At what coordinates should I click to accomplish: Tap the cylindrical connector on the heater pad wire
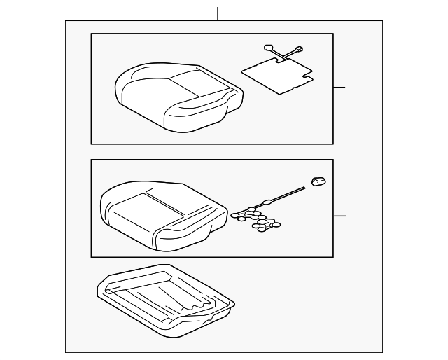[267, 48]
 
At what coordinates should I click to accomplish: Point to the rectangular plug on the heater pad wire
[300, 50]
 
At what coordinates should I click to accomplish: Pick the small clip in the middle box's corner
[319, 182]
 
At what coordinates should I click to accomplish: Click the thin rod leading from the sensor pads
[287, 194]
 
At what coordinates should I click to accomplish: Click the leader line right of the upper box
[339, 88]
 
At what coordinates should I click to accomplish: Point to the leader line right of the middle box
[340, 216]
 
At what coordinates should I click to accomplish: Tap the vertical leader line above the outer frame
[218, 13]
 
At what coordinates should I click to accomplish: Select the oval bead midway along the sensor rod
[267, 202]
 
